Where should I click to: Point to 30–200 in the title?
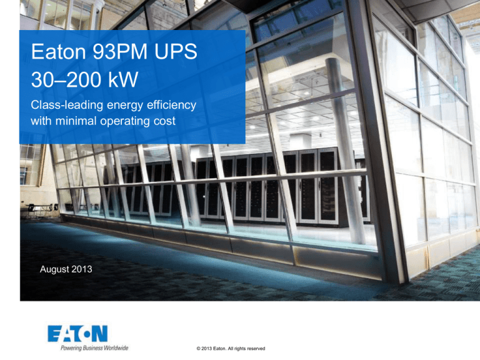(67, 80)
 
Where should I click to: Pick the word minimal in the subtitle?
(71, 121)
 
